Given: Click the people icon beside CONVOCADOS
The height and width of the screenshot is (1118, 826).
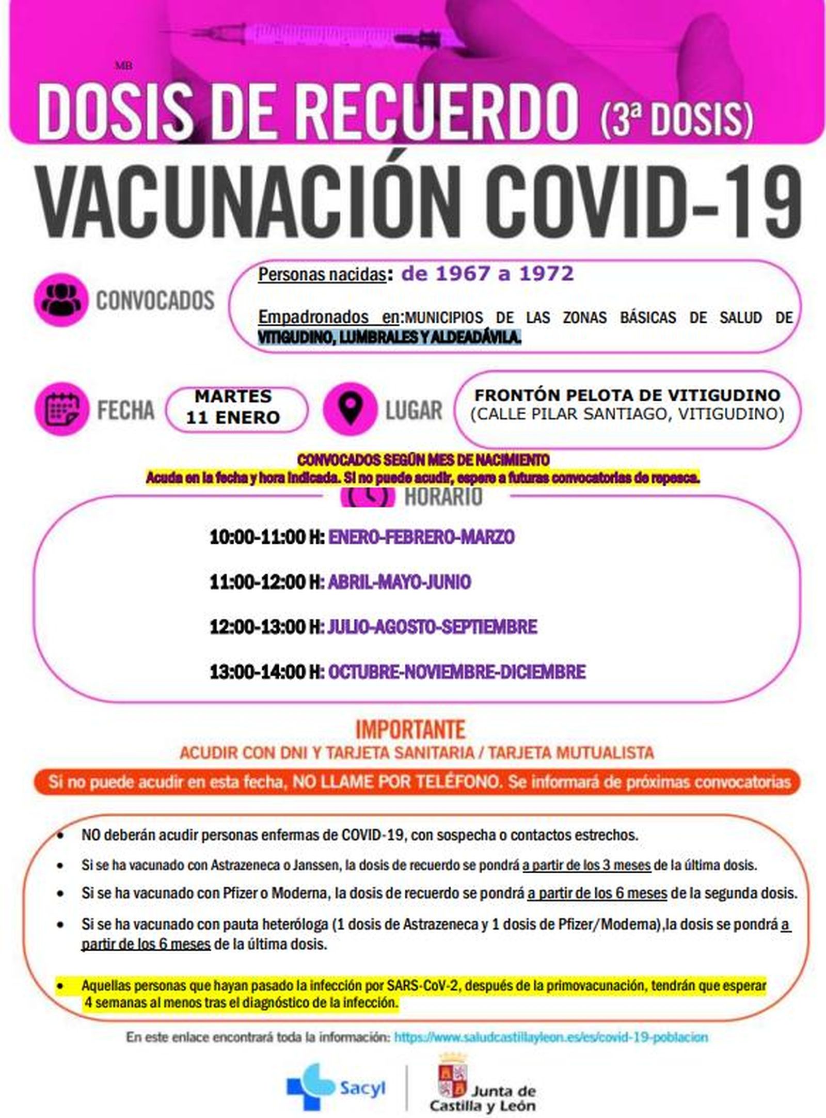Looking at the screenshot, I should click(x=60, y=300).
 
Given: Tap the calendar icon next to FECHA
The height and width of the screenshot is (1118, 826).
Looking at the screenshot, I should click(x=62, y=409).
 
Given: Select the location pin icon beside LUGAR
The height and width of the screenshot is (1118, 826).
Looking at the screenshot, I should click(x=350, y=409).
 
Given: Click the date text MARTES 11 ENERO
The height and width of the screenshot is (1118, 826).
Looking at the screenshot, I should click(x=233, y=407).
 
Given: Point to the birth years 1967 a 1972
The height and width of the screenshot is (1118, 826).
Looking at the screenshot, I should click(x=487, y=274).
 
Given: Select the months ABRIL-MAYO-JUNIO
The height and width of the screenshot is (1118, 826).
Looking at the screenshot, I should click(x=399, y=582).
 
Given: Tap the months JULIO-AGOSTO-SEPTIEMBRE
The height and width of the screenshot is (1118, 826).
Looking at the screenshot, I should click(x=432, y=627).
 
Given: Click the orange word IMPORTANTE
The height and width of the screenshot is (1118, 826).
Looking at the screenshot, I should click(x=410, y=730).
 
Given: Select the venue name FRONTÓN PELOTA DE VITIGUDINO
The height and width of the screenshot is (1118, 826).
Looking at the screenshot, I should click(x=627, y=395).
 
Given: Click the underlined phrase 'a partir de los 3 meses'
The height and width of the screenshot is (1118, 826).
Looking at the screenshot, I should click(x=586, y=865).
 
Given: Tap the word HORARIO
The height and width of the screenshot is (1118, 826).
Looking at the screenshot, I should click(x=443, y=497).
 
